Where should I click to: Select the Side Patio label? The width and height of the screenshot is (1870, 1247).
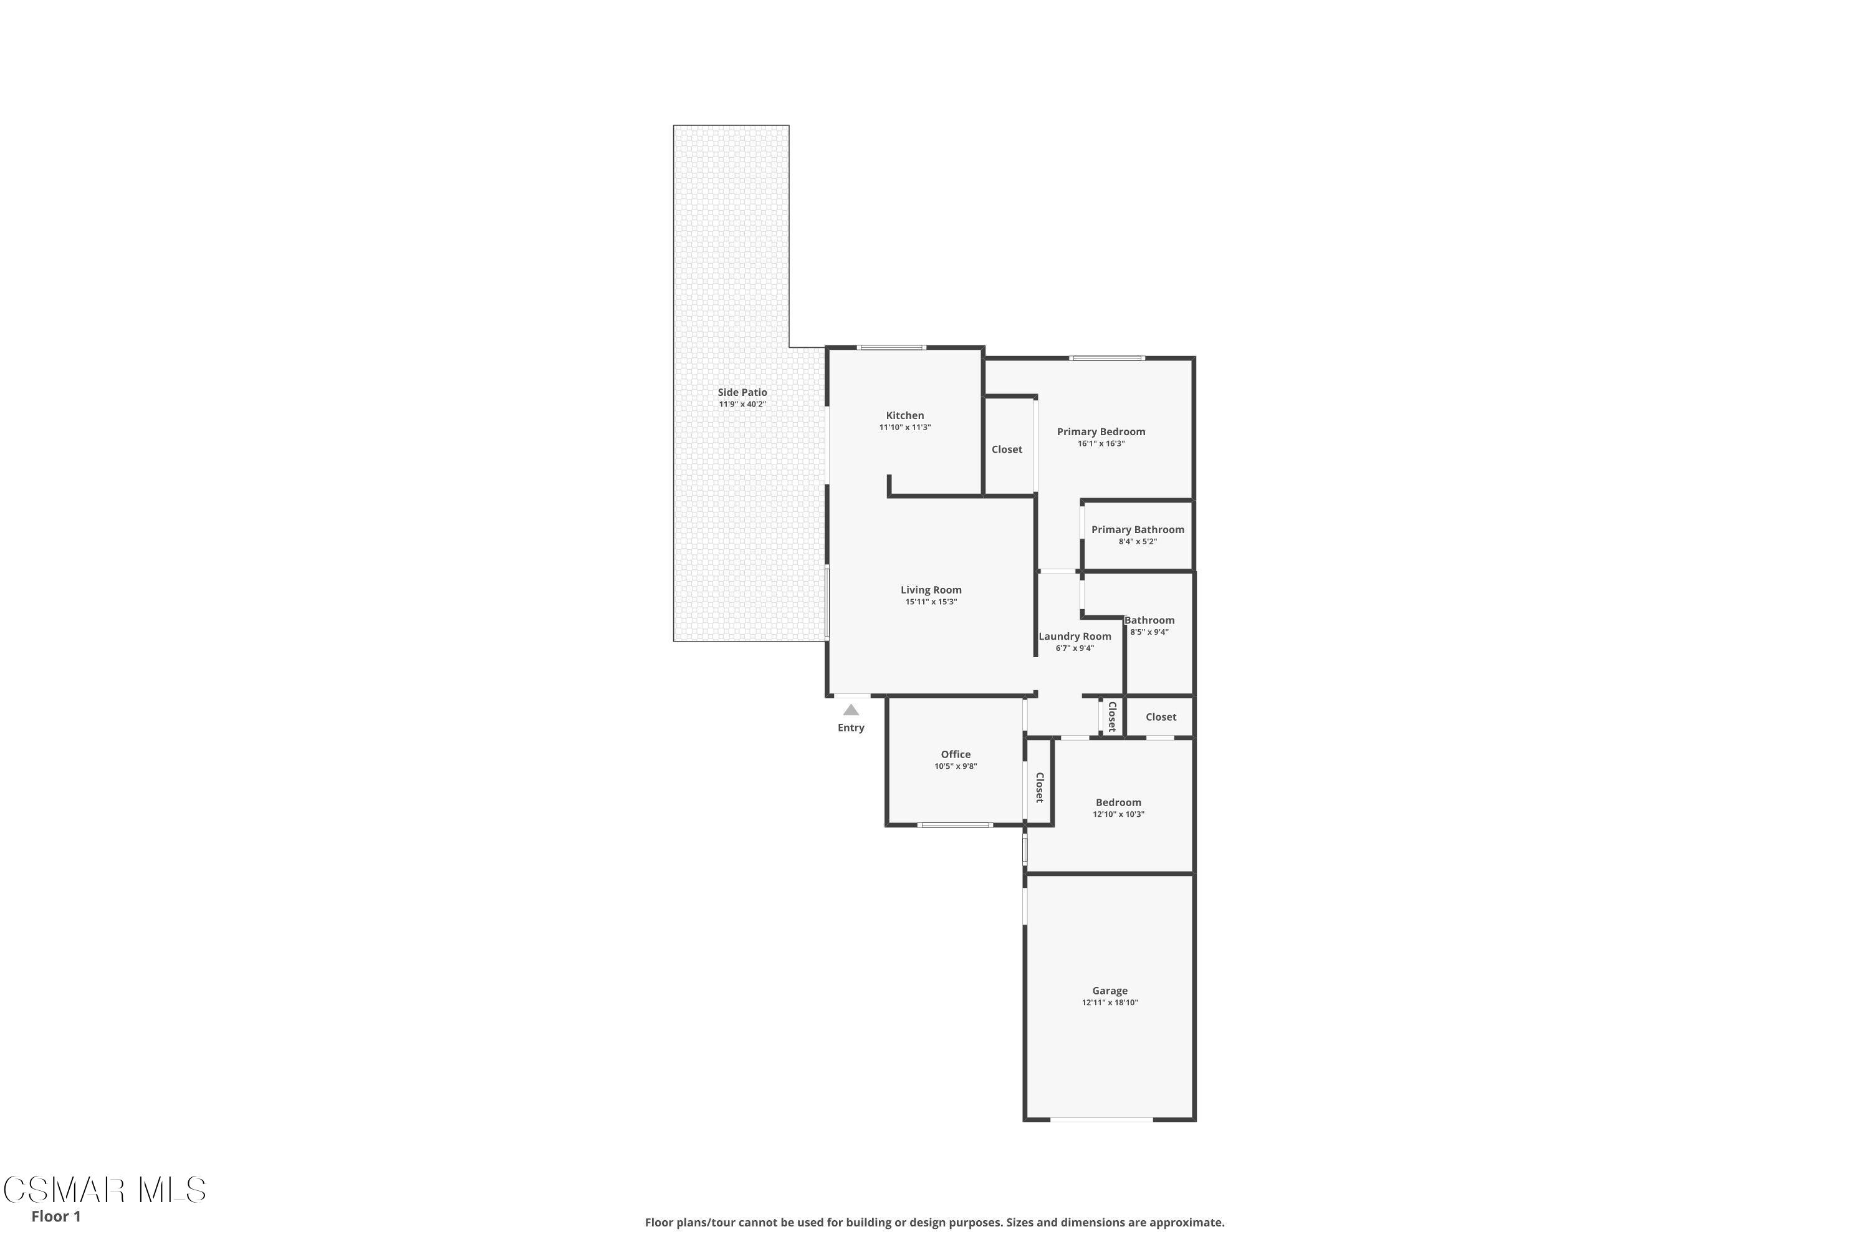742,392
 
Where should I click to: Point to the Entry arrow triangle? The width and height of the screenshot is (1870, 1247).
851,710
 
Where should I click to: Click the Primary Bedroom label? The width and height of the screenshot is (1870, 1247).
1100,432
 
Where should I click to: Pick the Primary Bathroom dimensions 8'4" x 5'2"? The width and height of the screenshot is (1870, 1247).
1137,542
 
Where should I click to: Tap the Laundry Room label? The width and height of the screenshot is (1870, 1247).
1074,636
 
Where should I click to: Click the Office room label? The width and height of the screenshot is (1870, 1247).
955,754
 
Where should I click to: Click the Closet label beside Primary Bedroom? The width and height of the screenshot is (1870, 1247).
1007,450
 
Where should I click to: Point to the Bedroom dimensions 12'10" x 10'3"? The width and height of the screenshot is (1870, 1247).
1118,814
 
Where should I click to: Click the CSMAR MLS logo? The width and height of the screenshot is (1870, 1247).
104,1190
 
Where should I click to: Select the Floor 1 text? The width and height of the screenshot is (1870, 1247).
55,1216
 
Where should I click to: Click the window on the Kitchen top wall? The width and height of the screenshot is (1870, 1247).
891,347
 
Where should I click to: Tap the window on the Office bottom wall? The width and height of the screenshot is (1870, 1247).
954,825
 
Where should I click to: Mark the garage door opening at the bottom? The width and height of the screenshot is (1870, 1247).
1101,1120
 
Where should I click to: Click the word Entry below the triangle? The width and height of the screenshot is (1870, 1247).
851,728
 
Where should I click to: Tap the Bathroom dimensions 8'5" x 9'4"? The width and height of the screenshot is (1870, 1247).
1149,632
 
